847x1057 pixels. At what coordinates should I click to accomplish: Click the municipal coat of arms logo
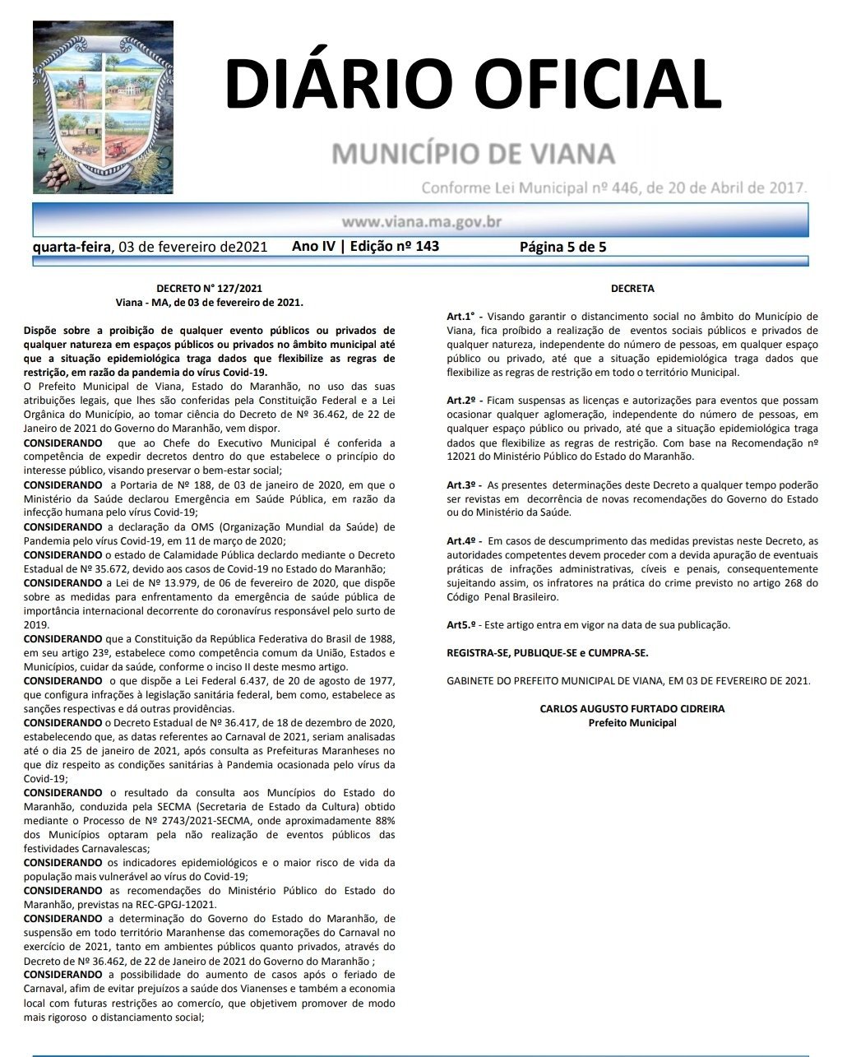[x=104, y=107]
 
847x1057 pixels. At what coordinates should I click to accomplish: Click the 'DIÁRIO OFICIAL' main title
[x=473, y=84]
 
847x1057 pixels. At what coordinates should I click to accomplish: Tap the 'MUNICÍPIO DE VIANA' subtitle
[x=473, y=153]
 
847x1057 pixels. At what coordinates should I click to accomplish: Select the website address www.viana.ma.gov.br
[x=421, y=221]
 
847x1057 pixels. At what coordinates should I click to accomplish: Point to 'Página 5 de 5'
[x=562, y=247]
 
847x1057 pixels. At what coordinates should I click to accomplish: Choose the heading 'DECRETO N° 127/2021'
[x=209, y=289]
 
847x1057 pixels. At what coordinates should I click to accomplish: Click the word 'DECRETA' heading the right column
[x=632, y=289]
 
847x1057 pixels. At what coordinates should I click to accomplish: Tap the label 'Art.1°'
[x=461, y=316]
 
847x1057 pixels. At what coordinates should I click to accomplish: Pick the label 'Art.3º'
[x=461, y=485]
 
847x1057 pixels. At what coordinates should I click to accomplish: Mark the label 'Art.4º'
[x=461, y=541]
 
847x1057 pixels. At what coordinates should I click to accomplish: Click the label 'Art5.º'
[x=461, y=625]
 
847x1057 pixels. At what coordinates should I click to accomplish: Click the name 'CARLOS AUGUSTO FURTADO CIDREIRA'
[x=632, y=709]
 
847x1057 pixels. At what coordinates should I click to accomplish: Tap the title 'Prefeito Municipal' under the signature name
[x=632, y=723]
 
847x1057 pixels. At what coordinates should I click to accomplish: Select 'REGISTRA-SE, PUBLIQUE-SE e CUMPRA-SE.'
[x=547, y=653]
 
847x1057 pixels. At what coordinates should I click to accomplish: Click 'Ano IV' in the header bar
[x=313, y=246]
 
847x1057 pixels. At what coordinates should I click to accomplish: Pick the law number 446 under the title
[x=623, y=188]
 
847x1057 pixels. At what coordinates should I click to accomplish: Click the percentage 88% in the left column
[x=385, y=821]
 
